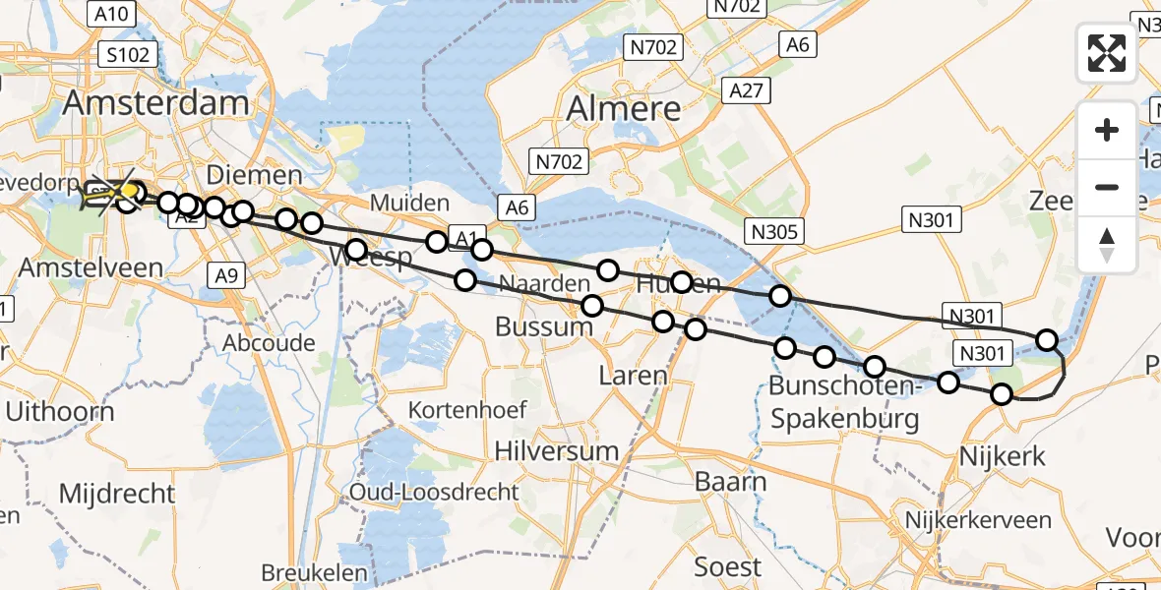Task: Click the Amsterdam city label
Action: coord(157,103)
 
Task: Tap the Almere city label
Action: coord(625,108)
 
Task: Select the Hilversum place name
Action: coord(557,451)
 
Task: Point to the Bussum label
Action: coord(537,326)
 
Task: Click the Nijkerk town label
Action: coord(1001,455)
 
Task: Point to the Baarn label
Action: coord(730,482)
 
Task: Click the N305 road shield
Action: coord(775,231)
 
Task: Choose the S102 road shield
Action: coord(128,54)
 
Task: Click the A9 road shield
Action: coord(225,276)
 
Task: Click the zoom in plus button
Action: coord(1107,131)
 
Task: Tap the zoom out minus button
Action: coord(1107,187)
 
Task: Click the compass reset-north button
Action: coord(1107,245)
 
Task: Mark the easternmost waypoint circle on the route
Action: coord(1047,340)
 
